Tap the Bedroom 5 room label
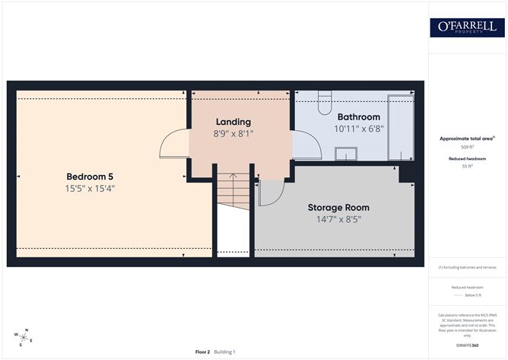tap(90, 176)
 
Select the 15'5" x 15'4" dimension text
tap(90, 188)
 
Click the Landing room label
tap(233, 122)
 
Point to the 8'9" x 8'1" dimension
tap(233, 133)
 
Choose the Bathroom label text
tap(358, 117)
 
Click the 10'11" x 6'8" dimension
tap(358, 129)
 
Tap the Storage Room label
tap(338, 207)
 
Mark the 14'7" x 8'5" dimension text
tap(338, 219)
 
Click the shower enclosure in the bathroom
tap(401, 126)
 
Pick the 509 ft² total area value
tap(466, 147)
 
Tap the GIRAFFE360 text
tap(466, 346)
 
